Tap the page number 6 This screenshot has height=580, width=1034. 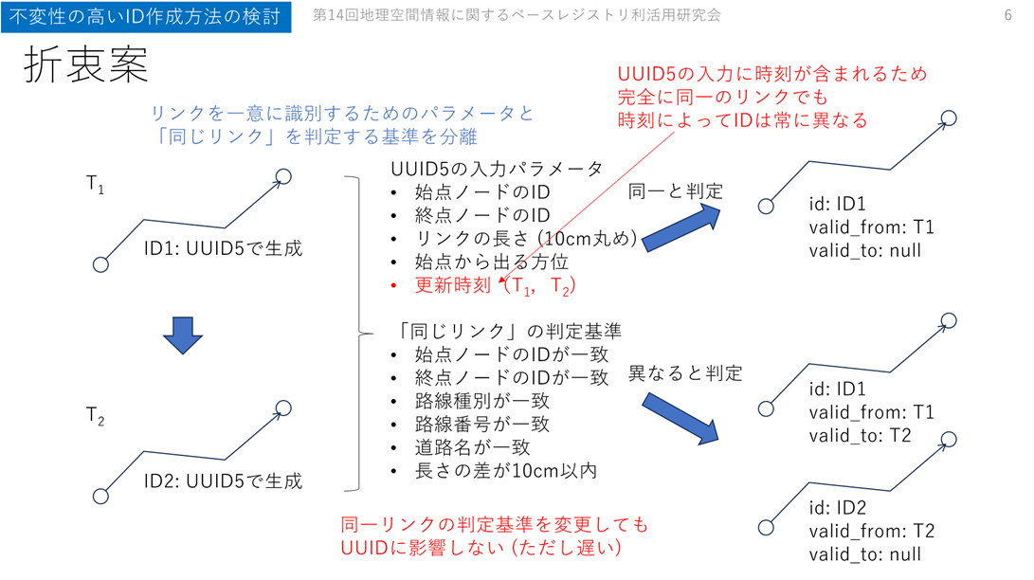click(x=1007, y=15)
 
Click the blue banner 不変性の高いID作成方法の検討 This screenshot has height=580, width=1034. click(x=146, y=17)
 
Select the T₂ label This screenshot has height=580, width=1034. click(x=95, y=416)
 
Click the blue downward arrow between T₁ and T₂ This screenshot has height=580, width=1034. click(x=184, y=335)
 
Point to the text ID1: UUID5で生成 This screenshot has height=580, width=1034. click(x=223, y=249)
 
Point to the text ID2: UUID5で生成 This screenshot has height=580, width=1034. click(x=223, y=481)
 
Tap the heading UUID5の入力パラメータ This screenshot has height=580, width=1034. click(x=497, y=169)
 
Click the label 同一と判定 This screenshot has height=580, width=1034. click(x=676, y=191)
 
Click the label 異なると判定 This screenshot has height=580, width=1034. click(x=685, y=373)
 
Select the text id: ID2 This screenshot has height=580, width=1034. click(x=838, y=509)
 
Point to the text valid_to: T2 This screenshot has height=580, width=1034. click(x=860, y=435)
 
